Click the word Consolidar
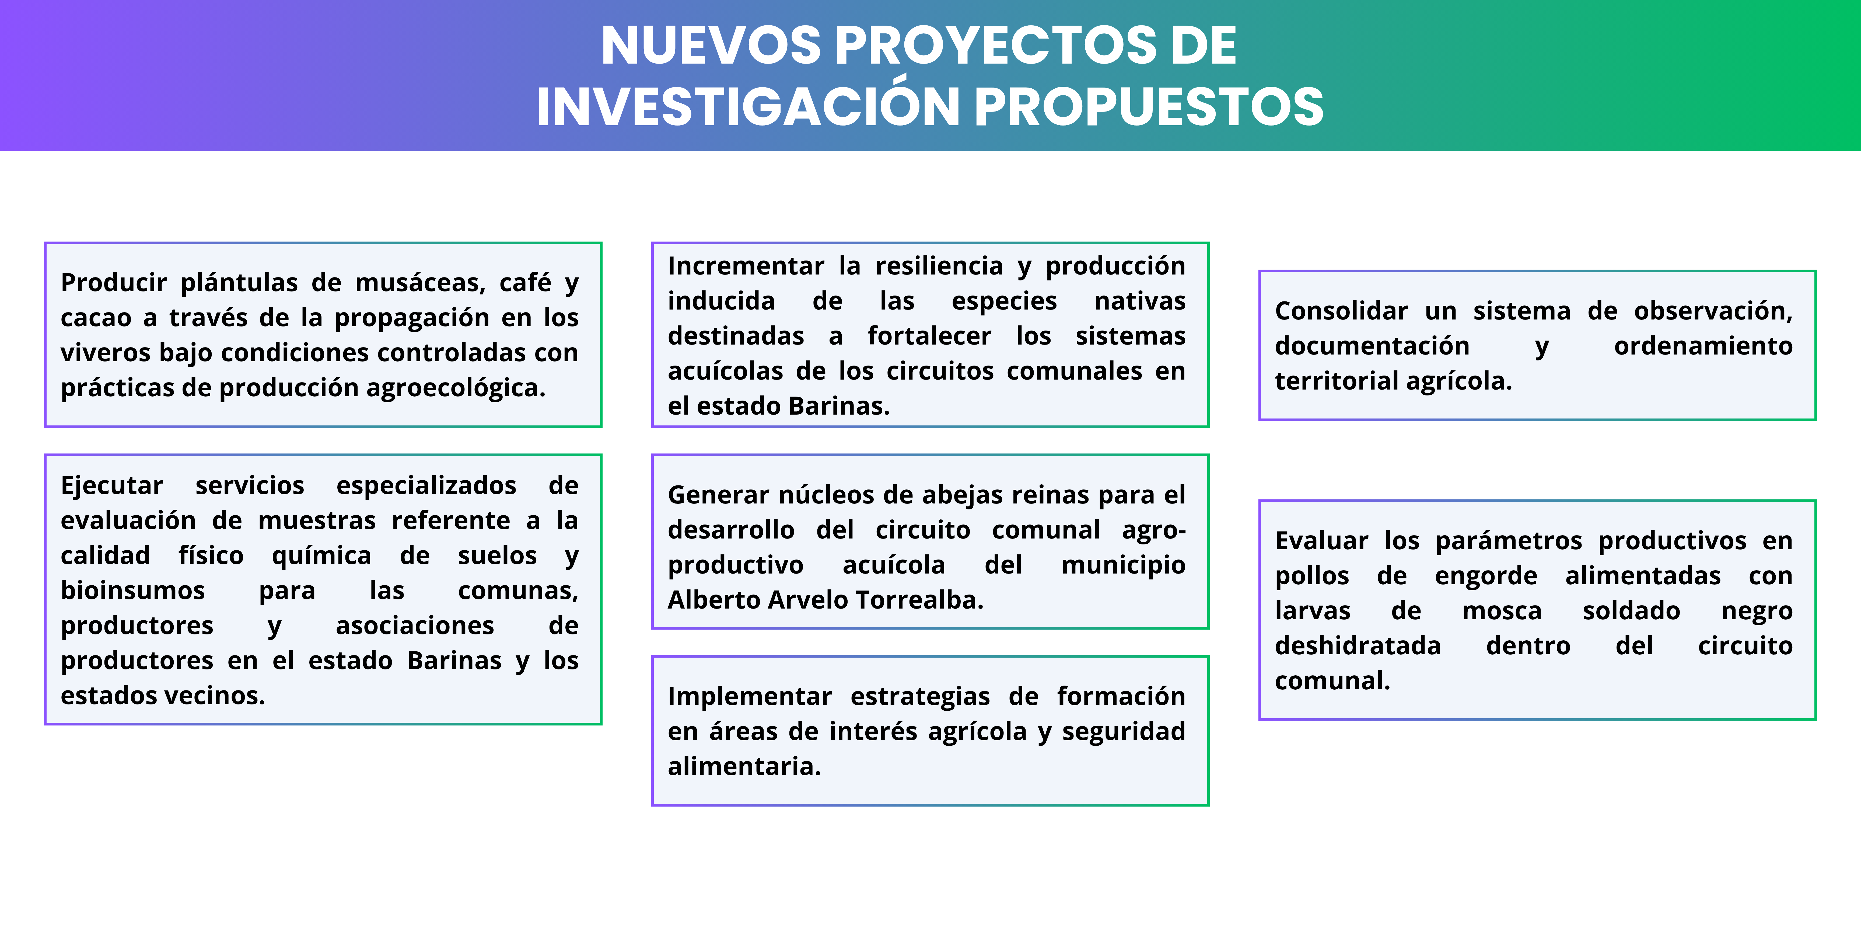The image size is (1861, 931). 1341,311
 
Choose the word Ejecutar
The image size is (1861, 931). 112,486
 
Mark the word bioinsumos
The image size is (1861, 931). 133,590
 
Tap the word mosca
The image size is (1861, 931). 1502,612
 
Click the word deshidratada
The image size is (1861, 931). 1358,645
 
